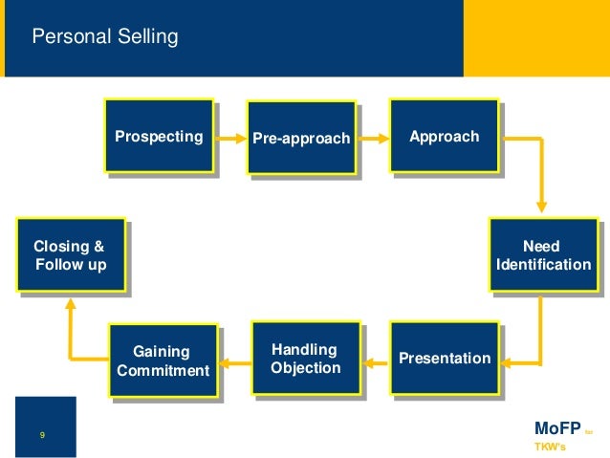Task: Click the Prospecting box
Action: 159,136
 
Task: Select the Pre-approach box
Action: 301,139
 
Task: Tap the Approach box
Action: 444,136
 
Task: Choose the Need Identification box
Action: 543,255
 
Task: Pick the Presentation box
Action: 445,359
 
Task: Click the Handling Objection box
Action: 305,358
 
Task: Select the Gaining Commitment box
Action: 163,361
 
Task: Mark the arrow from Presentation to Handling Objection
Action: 375,361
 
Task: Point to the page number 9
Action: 42,436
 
